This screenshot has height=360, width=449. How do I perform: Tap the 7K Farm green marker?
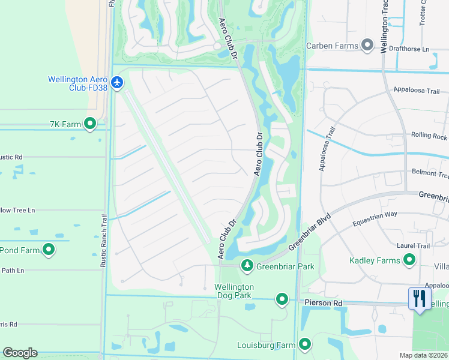point(90,124)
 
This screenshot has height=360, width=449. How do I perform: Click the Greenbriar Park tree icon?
point(247,265)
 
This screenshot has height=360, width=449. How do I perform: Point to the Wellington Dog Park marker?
point(282,298)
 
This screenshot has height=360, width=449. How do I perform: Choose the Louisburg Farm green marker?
point(305,344)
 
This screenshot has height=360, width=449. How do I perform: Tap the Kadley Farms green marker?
point(410,260)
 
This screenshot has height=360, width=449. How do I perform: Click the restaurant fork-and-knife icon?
point(419,298)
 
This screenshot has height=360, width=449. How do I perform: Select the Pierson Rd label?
point(322,303)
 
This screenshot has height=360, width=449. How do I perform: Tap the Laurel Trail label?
point(414,245)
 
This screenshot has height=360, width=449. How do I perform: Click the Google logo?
point(20,352)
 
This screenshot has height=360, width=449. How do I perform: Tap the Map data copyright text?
point(424,355)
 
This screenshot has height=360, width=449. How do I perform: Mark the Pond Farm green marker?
point(49,250)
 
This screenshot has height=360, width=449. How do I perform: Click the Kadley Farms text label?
point(375,260)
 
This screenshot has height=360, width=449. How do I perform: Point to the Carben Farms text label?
point(332,46)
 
